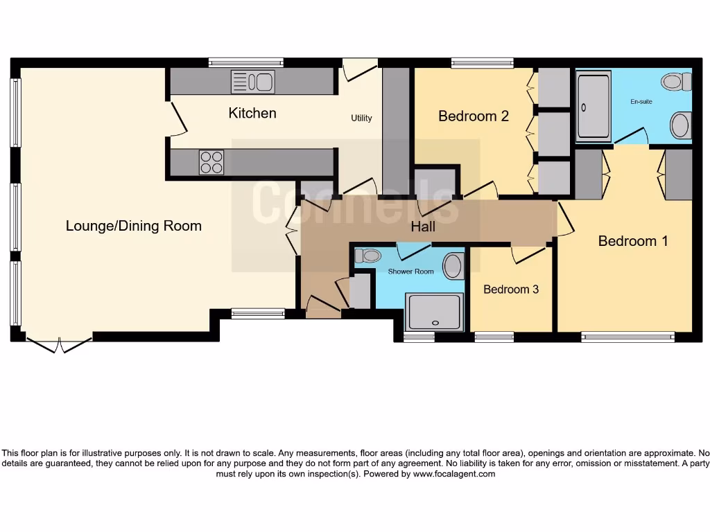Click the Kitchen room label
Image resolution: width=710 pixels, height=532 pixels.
[252, 113]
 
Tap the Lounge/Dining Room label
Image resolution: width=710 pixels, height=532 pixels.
[134, 226]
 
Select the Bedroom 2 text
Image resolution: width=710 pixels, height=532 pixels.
[474, 116]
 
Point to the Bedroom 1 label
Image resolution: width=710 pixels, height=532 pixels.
[633, 241]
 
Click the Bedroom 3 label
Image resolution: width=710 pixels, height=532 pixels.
[511, 289]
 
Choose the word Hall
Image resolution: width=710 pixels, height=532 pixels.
[423, 227]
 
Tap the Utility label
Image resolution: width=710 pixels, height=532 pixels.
[361, 118]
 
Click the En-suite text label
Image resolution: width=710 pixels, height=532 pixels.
[641, 102]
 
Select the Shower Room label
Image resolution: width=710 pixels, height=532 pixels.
[410, 272]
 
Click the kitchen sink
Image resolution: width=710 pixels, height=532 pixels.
[253, 82]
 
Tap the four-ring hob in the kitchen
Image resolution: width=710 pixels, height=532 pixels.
[211, 163]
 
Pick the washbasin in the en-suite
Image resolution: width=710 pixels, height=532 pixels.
[681, 125]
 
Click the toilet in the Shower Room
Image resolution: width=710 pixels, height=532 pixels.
[367, 255]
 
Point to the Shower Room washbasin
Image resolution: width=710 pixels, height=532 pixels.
[453, 266]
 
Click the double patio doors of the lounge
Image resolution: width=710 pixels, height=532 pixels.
[59, 344]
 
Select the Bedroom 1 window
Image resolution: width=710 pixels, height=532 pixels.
[627, 337]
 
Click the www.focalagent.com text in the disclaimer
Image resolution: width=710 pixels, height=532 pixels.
[454, 475]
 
